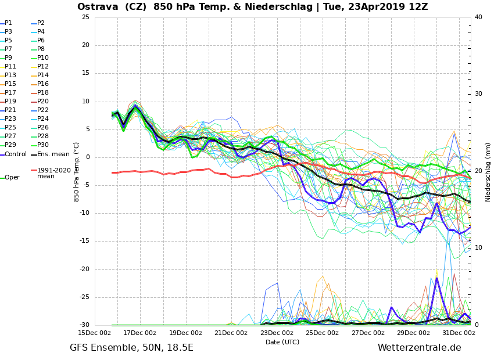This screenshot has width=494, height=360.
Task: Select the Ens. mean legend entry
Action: pyautogui.click(x=53, y=154)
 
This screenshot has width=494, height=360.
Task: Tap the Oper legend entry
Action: pyautogui.click(x=12, y=178)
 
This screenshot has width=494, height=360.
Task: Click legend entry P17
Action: pyautogui.click(x=10, y=93)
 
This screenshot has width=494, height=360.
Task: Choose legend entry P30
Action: pyautogui.click(x=43, y=145)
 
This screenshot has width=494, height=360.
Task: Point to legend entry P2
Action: pyautogui.click(x=41, y=23)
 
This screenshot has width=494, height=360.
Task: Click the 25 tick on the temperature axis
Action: pyautogui.click(x=85, y=17)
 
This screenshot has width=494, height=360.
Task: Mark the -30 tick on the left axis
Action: pyautogui.click(x=84, y=325)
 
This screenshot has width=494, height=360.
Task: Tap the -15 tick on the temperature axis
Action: pyautogui.click(x=84, y=241)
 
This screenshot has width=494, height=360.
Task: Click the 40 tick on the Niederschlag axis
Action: pyautogui.click(x=478, y=17)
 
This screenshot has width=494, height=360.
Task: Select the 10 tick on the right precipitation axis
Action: pyautogui.click(x=478, y=248)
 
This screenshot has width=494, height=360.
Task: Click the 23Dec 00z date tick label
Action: pyautogui.click(x=277, y=333)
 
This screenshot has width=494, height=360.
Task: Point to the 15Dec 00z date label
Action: pyautogui.click(x=95, y=333)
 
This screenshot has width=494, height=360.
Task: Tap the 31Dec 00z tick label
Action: pyautogui.click(x=459, y=333)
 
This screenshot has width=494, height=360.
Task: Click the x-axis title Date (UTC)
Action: pyautogui.click(x=282, y=343)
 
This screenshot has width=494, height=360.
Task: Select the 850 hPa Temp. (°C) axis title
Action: pyautogui.click(x=77, y=171)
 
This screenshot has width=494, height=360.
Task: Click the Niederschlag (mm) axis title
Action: pyautogui.click(x=488, y=171)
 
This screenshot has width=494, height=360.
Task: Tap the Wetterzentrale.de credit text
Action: pyautogui.click(x=419, y=348)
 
